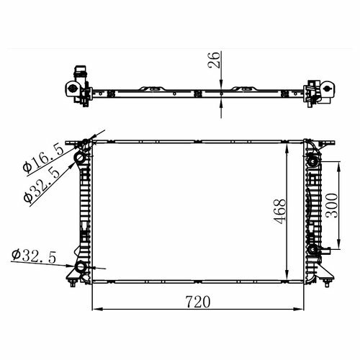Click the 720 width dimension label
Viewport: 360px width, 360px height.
click(198, 302)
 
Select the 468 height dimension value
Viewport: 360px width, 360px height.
click(280, 212)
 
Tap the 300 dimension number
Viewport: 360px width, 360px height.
click(331, 205)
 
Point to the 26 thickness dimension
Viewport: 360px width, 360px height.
click(214, 60)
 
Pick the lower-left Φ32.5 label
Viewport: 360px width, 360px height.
click(34, 256)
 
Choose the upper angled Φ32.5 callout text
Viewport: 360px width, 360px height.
click(42, 185)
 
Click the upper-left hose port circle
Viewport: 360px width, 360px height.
click(80, 158)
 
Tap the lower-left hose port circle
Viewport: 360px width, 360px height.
click(81, 267)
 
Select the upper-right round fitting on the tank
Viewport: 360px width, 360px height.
click(312, 162)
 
